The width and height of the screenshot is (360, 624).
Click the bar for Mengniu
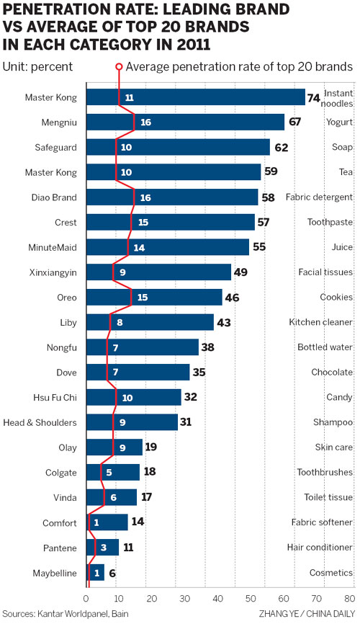point(185,122)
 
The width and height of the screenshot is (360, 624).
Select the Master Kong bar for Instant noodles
point(195,97)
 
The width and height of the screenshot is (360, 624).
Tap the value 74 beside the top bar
point(314,98)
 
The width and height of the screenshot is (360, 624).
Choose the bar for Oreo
point(154,297)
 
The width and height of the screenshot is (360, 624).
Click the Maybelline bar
point(95,572)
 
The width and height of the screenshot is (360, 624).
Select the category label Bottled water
point(325,347)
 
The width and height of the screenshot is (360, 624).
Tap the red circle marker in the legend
point(119,66)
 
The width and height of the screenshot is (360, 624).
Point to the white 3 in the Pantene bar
point(104,547)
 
